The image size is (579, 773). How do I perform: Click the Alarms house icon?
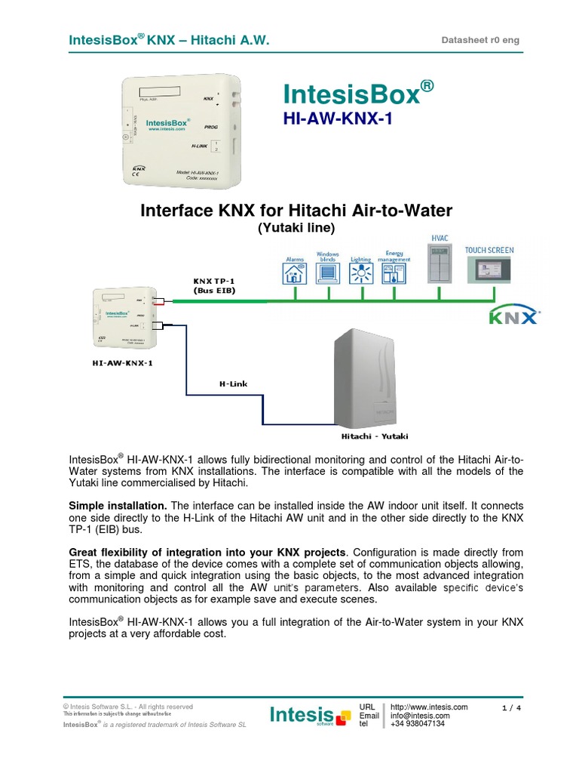coord(294,274)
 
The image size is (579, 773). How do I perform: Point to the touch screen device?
coord(490,270)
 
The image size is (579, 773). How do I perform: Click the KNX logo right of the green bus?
coord(514,315)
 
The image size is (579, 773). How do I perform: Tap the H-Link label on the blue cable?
coord(233,384)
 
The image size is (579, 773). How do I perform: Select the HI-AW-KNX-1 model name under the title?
coord(338,119)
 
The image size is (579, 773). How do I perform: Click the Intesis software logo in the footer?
coord(310,715)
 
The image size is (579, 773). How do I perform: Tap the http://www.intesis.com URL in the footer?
coord(429,707)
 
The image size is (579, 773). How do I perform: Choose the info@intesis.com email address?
coord(420,716)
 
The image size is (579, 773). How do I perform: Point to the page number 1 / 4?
coord(511,707)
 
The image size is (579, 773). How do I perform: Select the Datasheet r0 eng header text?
coord(480,40)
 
